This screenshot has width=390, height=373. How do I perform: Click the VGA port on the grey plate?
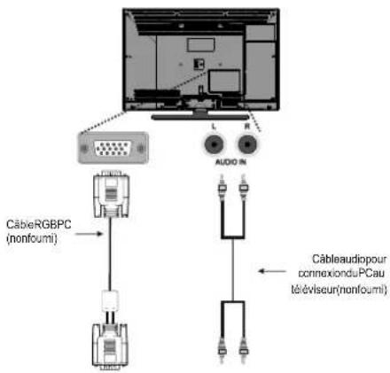(x=113, y=148)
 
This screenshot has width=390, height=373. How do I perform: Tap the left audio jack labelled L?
(x=214, y=144)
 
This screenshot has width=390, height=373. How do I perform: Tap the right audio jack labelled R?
(x=247, y=144)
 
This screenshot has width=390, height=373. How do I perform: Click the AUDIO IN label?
(x=230, y=162)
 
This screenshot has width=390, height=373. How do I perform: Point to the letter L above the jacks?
(x=214, y=127)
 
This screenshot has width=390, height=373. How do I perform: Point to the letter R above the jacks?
(x=247, y=127)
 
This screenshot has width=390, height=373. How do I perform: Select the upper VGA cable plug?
(x=111, y=194)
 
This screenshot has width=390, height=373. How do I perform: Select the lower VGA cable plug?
(x=110, y=346)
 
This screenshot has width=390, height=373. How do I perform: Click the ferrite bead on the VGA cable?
(x=110, y=300)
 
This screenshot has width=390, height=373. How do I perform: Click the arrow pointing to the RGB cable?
(x=90, y=234)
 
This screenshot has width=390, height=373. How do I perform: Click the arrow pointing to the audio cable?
(x=272, y=271)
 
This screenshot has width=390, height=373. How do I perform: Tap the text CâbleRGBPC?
(x=39, y=224)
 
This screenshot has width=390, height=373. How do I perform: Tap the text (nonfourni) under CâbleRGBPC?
(x=31, y=238)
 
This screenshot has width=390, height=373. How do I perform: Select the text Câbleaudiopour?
(x=349, y=259)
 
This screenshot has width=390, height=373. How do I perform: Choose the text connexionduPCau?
(x=341, y=273)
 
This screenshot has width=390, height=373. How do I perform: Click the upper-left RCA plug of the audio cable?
(x=222, y=188)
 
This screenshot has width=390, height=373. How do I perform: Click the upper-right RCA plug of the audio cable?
(x=244, y=188)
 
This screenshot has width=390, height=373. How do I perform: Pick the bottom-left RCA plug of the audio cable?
(x=222, y=350)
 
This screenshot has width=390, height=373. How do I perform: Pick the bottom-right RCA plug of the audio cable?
(x=244, y=350)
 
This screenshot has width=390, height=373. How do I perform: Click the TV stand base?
(x=200, y=117)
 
